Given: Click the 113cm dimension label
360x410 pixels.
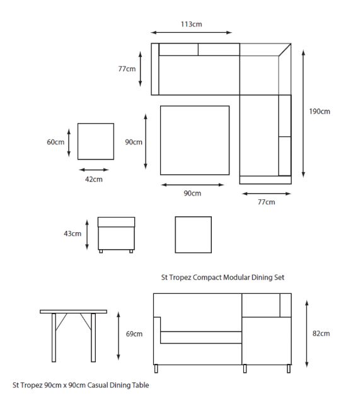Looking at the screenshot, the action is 192,25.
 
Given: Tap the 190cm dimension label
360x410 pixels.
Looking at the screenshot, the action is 320,112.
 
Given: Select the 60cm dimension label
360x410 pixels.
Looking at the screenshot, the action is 55,142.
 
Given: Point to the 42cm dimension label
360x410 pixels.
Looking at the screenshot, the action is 93,179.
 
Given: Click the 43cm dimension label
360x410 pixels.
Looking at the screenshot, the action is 73,233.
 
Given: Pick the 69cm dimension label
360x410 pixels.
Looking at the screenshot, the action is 134,334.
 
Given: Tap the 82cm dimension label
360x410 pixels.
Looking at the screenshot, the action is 321,334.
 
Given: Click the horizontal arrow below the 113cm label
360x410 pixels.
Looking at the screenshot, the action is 191,33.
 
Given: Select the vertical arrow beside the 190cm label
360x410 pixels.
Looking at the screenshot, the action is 303,114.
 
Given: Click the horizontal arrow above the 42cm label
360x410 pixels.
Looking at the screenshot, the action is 94,170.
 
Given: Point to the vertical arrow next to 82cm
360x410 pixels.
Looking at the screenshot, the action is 307,334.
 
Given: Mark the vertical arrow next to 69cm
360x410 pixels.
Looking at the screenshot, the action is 119,336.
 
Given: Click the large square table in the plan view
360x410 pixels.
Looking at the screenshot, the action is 195,140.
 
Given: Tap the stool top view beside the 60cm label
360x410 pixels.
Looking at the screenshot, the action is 96,141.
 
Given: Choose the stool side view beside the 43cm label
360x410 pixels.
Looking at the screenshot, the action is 117,235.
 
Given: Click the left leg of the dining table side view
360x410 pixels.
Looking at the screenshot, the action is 54,337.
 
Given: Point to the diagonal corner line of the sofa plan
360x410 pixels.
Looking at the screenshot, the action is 285,50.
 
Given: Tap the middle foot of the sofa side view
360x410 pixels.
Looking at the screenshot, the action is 245,369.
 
